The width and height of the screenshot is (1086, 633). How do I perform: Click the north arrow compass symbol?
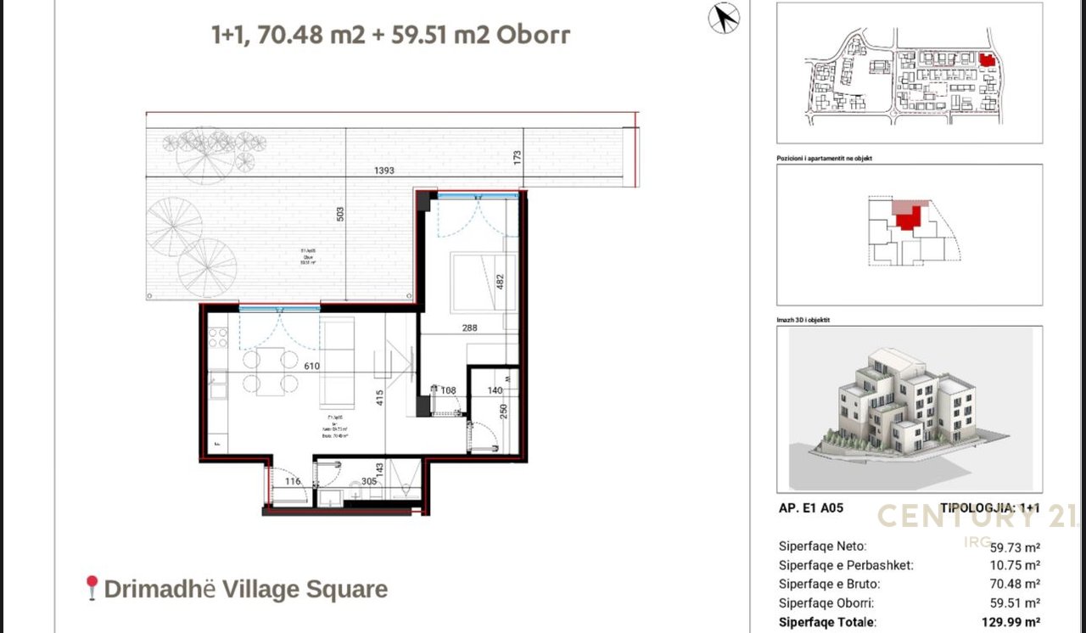(x=724, y=18)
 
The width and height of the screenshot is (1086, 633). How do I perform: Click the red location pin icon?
(x=92, y=587)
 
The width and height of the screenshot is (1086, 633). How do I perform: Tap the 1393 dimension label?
(x=384, y=171)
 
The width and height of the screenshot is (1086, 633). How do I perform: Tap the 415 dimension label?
(x=381, y=396)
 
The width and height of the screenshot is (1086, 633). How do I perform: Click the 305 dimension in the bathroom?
(x=369, y=481)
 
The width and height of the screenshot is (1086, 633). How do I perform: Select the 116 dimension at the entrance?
(x=293, y=482)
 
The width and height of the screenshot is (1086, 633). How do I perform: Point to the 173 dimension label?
(x=517, y=158)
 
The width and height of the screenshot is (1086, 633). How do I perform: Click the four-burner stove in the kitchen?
(x=218, y=337)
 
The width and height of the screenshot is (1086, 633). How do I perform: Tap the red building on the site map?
(x=986, y=60)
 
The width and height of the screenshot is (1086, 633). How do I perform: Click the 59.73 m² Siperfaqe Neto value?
(x=1015, y=547)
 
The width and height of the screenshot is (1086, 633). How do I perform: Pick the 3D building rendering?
(x=908, y=407)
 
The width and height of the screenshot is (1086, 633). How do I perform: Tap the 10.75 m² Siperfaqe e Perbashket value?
(x=1015, y=565)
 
